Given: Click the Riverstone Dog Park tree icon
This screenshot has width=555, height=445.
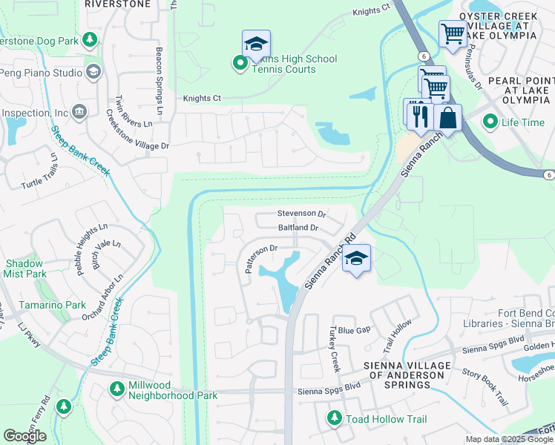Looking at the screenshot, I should click(x=90, y=39).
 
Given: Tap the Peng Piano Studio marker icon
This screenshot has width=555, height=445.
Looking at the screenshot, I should click(x=93, y=72).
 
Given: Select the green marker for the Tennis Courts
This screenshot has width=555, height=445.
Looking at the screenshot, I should click(x=240, y=64).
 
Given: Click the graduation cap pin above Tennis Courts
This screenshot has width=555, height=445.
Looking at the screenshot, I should click(x=256, y=44).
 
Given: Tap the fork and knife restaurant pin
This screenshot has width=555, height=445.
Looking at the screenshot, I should click(x=419, y=114).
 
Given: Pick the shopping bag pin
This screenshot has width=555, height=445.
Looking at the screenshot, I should click(x=448, y=117).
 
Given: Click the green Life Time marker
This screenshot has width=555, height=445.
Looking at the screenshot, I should click(x=489, y=122).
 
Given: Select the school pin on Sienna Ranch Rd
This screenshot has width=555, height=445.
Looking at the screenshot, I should click(x=357, y=260).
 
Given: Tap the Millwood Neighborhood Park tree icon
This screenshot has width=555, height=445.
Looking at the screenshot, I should click(x=116, y=388).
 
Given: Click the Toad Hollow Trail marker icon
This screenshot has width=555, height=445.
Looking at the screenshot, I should click(x=335, y=419).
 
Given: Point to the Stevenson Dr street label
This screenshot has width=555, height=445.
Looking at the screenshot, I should click(x=301, y=214).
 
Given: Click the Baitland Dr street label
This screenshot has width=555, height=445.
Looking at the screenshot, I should click(x=298, y=228).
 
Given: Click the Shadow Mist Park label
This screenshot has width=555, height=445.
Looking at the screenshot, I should click(x=26, y=268).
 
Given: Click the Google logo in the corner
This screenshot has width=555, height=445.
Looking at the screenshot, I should click(x=24, y=436).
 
